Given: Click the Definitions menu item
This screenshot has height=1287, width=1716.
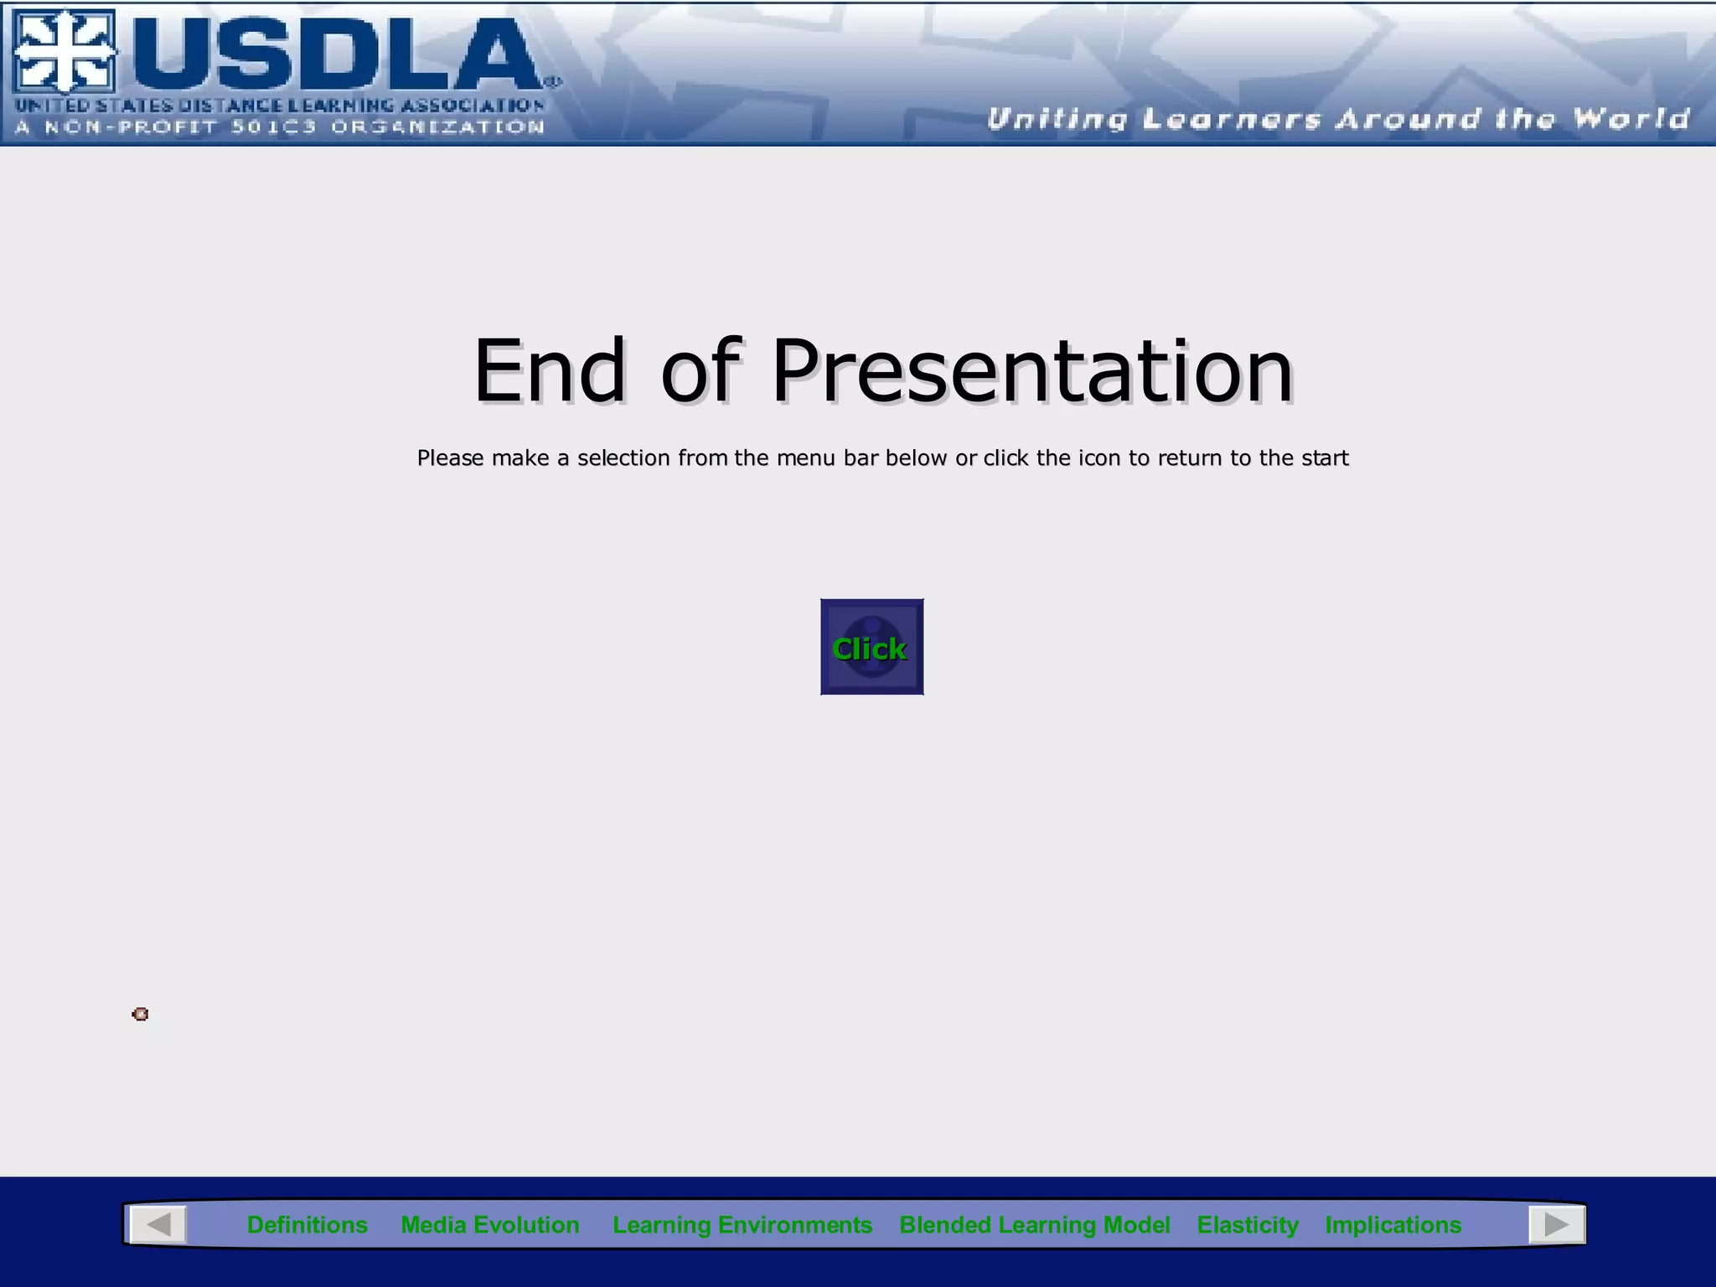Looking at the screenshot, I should [x=307, y=1225].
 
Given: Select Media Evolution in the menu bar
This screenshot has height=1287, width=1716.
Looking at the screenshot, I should [x=489, y=1225].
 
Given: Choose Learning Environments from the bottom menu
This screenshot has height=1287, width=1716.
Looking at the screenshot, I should [x=742, y=1225].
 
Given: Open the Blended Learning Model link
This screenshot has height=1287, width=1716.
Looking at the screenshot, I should [x=1034, y=1225].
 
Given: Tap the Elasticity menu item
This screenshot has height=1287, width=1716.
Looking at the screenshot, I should [x=1247, y=1225].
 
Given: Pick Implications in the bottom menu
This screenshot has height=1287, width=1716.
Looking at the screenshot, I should [x=1393, y=1225].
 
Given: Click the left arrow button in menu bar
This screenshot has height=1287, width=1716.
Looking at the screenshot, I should [x=158, y=1225].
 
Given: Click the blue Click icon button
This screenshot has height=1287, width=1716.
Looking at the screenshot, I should [x=871, y=647].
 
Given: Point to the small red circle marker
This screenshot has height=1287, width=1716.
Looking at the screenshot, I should [x=141, y=1015].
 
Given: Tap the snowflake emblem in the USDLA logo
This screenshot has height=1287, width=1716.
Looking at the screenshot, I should [x=65, y=52].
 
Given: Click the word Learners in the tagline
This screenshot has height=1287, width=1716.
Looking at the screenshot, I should [x=1232, y=119].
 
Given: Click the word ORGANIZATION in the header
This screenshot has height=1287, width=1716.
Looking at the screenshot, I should [x=437, y=127].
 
